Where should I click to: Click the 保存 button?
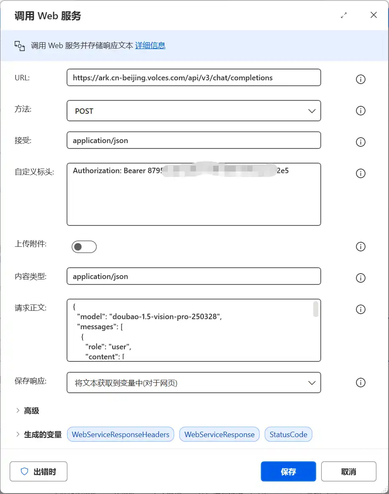(x=288, y=471)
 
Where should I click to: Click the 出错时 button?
(x=39, y=471)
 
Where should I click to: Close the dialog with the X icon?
(x=374, y=15)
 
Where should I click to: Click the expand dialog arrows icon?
(x=344, y=15)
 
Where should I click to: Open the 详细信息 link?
(x=150, y=46)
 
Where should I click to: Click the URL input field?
(x=193, y=78)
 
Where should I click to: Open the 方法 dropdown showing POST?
(x=193, y=111)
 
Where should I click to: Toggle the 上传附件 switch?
(x=84, y=247)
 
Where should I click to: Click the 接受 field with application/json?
(x=193, y=141)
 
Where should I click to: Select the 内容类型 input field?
(x=193, y=276)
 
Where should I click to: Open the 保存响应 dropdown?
(x=193, y=383)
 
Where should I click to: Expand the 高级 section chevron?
(x=18, y=411)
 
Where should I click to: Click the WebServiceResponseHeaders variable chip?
(x=121, y=435)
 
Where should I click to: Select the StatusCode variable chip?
(x=289, y=435)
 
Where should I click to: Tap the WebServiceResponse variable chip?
(x=219, y=435)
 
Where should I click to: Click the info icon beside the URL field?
(x=361, y=79)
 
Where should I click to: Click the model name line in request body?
(x=149, y=317)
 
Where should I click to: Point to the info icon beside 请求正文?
(x=361, y=310)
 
